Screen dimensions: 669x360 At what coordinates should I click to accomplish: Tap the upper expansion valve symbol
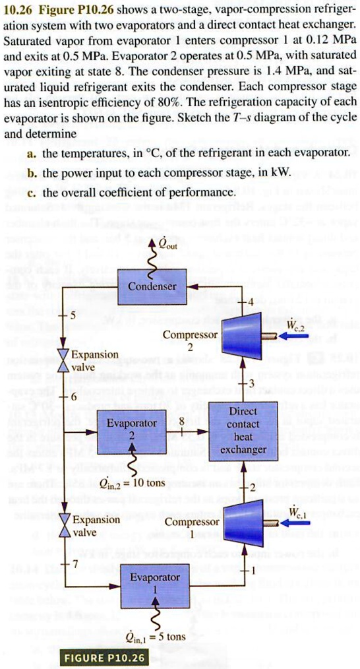64,360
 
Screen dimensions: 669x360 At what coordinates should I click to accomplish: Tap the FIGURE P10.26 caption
104,658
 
